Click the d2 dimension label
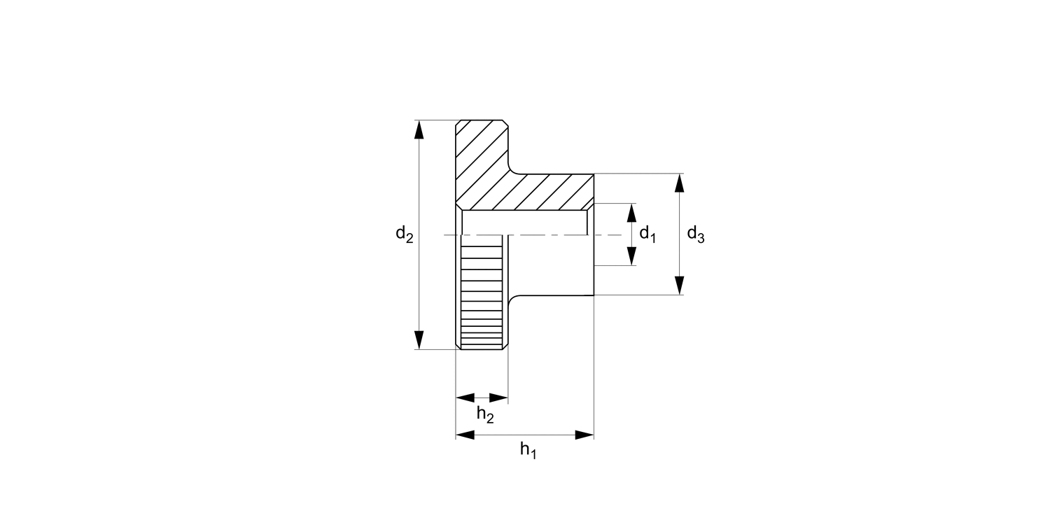click(x=404, y=234)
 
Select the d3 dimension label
click(x=695, y=234)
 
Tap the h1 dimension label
click(x=528, y=451)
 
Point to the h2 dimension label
click(x=485, y=414)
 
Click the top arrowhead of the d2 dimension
click(x=419, y=129)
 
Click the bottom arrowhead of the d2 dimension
click(x=419, y=339)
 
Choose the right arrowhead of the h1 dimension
click(x=584, y=435)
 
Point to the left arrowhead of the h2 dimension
click(x=465, y=398)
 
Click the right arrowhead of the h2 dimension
click(x=498, y=398)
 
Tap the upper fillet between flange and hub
click(x=513, y=168)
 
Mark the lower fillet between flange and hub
click(x=513, y=300)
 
